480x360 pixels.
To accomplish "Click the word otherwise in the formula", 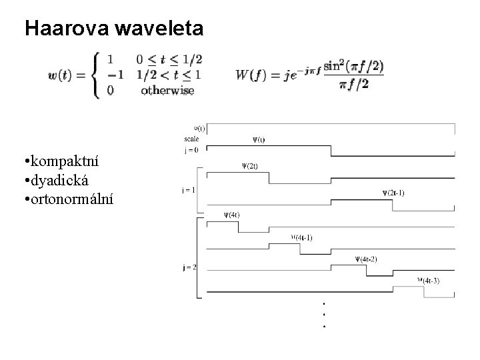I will (167, 91).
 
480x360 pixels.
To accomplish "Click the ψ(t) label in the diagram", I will (258, 140).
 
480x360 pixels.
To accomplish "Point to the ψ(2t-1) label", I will (393, 193).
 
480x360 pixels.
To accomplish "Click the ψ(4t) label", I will (232, 215).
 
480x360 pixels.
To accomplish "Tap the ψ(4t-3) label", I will (429, 281).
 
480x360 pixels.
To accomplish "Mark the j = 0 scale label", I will (191, 150).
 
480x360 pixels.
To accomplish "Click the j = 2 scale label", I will (189, 267).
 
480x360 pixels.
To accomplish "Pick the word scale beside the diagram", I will (191, 139).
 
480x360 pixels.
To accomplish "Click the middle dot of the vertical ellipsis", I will (323, 314).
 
